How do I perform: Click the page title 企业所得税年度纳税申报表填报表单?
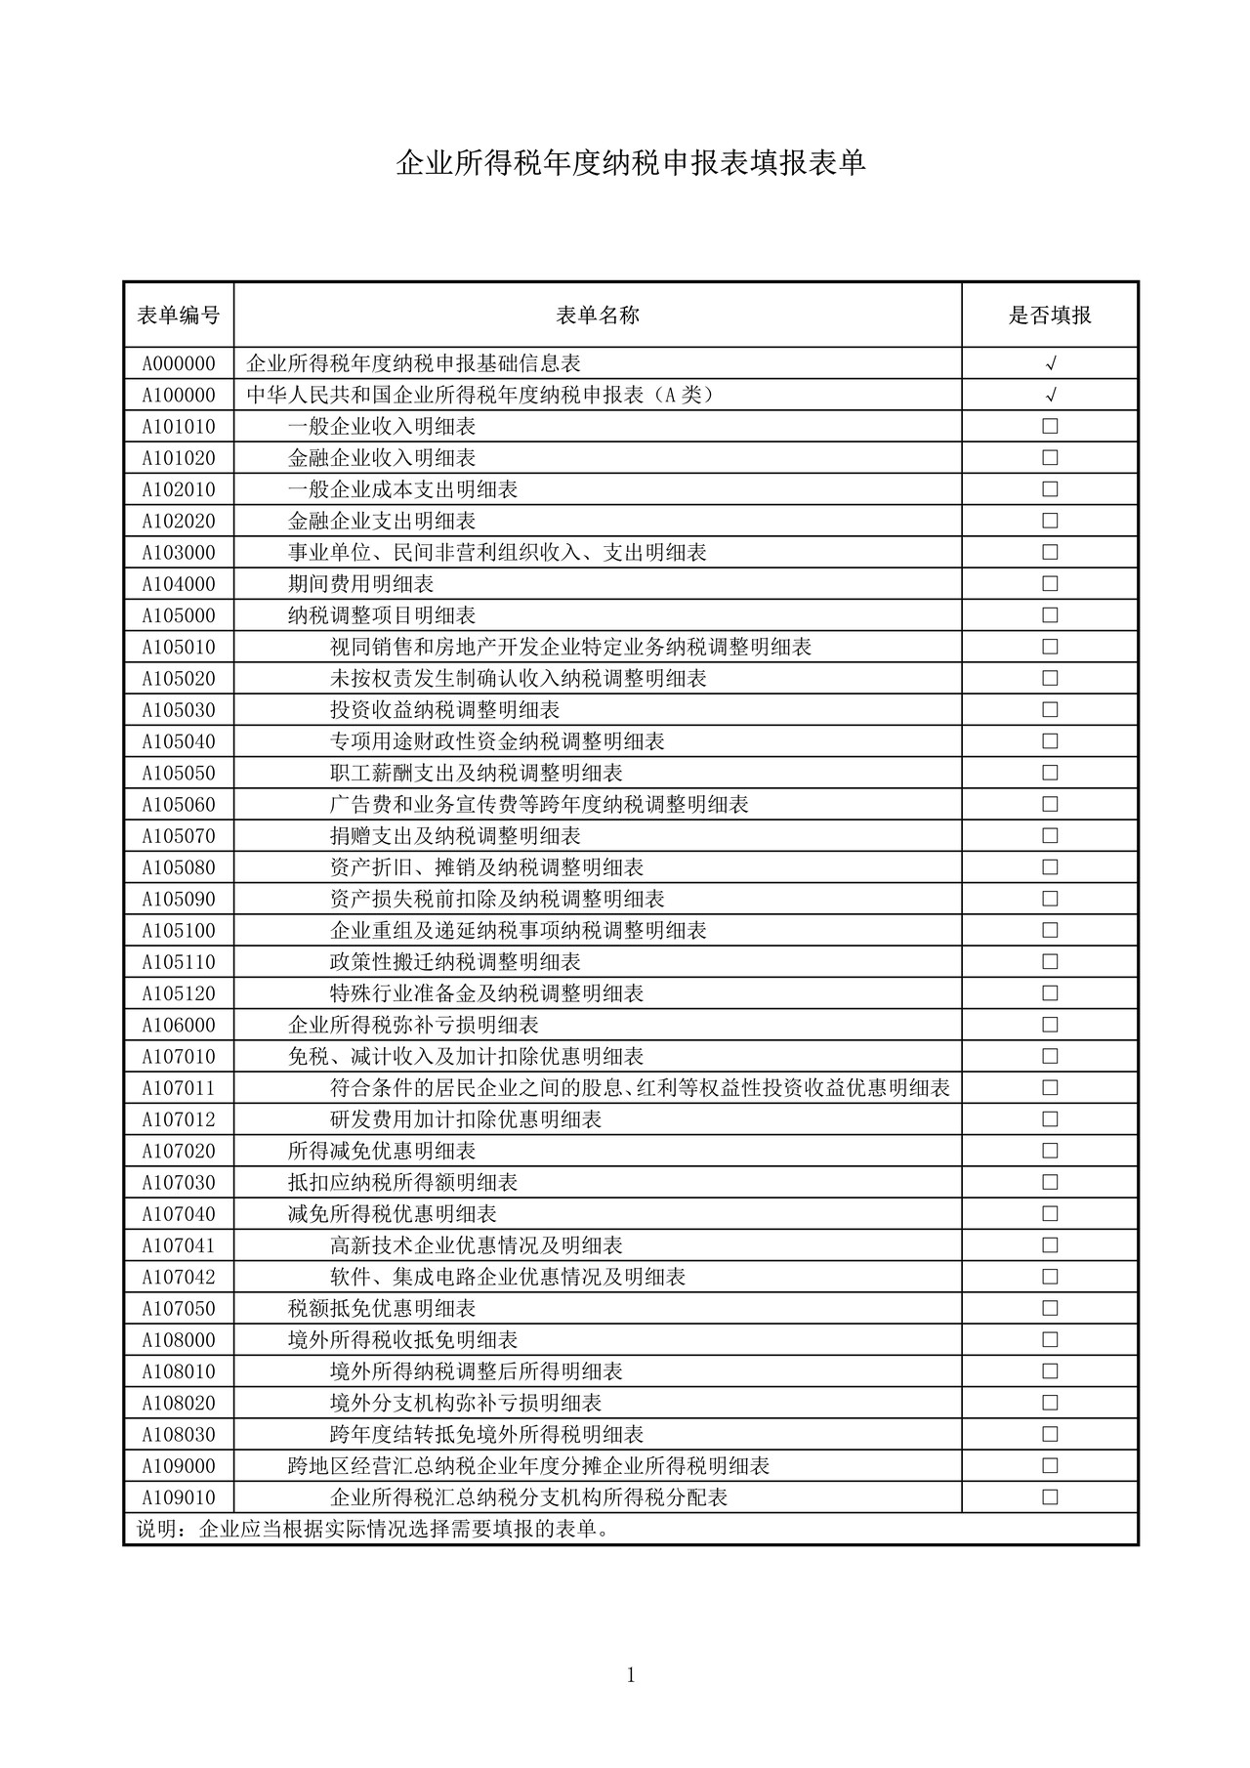631,163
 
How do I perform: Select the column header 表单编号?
179,315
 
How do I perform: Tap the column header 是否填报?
1050,315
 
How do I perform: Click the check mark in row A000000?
1051,364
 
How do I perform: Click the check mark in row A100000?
1051,396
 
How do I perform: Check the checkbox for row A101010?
1050,426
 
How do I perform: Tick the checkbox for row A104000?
1050,583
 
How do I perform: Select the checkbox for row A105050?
1050,773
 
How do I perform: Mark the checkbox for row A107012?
1050,1118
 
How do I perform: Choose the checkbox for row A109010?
1050,1496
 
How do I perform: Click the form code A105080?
179,867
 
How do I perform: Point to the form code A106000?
179,1025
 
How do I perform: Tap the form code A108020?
179,1403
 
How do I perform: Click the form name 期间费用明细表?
360,584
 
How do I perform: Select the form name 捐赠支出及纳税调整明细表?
455,836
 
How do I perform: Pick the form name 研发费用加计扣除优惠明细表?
466,1119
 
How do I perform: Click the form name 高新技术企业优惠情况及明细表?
477,1245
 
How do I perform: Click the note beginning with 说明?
375,1529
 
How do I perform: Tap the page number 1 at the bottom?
631,1676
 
